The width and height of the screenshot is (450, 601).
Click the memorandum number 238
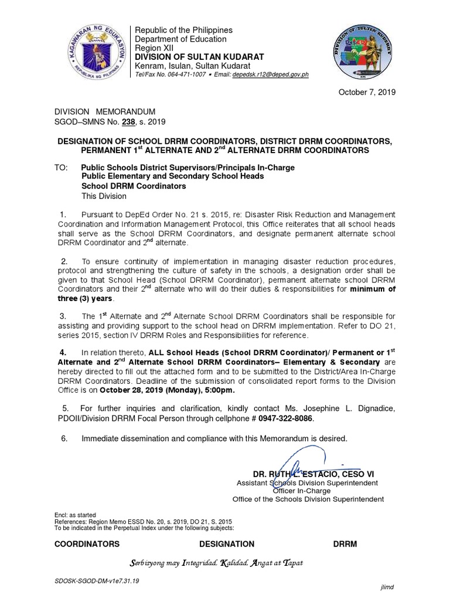124,122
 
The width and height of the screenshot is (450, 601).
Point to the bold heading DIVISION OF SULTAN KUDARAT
199,56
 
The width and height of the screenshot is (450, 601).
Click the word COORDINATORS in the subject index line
87,544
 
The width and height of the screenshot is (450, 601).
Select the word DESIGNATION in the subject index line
227,544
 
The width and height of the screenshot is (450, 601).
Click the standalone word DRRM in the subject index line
345,544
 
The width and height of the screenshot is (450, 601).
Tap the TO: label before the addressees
62,167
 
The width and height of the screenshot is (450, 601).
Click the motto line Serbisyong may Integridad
216,563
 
